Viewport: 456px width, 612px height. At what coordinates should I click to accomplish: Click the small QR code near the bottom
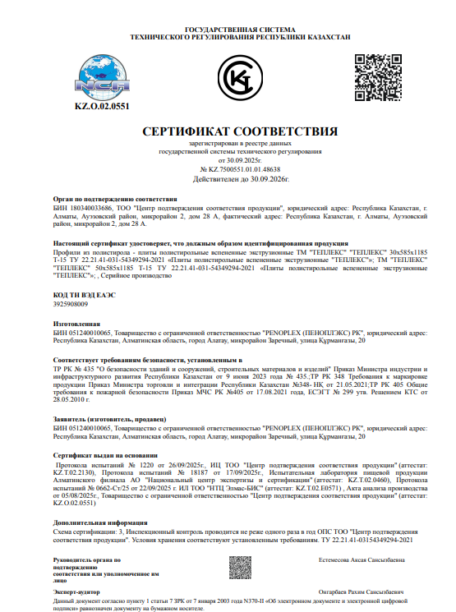coord(240,568)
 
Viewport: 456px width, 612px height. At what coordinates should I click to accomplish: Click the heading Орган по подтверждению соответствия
coord(115,199)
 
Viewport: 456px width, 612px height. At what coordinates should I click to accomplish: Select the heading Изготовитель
coord(76,324)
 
